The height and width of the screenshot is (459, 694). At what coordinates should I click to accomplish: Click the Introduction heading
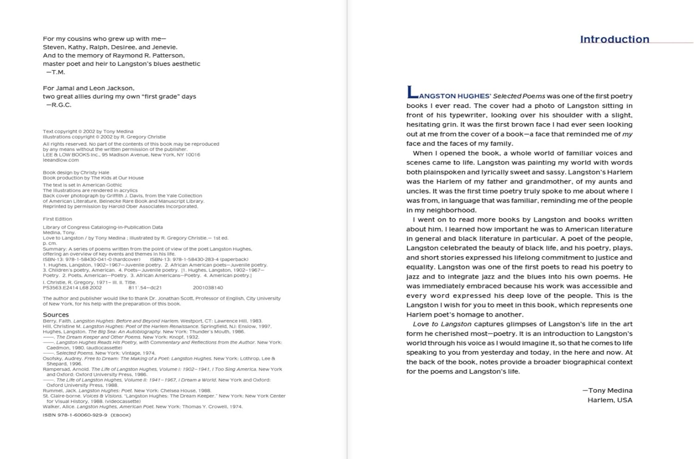pos(614,39)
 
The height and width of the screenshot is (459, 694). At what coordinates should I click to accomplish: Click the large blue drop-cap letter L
pos(411,92)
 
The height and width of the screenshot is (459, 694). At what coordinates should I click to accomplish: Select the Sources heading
pos(56,315)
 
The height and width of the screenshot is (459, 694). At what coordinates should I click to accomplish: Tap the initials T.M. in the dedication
pos(56,72)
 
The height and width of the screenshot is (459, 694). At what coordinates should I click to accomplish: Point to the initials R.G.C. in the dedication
pos(59,105)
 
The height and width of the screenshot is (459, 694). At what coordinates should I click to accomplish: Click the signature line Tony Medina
pos(607,391)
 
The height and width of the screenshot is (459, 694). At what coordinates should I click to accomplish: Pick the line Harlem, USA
pos(610,400)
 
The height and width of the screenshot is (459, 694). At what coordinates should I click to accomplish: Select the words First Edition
pos(57,219)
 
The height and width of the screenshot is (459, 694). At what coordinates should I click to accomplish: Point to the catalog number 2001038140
pos(208,288)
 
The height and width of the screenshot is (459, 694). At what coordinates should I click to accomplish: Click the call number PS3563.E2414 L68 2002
pos(72,288)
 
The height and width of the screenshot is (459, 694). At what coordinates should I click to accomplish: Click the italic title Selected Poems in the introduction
pos(519,96)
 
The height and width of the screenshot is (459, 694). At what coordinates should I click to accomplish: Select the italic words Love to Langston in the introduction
pos(442,324)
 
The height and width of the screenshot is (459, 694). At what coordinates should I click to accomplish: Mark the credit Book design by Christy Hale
pos(76,172)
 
